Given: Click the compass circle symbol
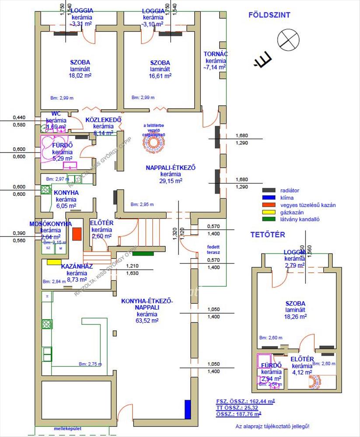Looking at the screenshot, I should (289, 39).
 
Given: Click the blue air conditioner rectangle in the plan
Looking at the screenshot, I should (188, 409).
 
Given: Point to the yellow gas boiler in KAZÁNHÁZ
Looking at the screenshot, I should (54, 262).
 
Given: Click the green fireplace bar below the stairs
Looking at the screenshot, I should (143, 253).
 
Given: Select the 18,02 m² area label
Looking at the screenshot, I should (77, 75).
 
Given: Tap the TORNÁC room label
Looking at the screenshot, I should (216, 55).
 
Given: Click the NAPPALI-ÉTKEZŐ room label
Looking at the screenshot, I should (171, 167).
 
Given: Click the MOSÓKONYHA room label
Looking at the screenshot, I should (51, 224).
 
